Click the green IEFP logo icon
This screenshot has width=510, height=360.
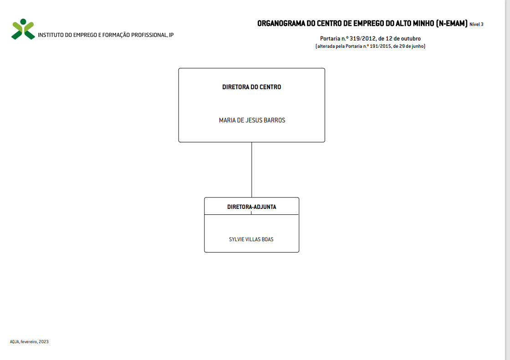(23, 29)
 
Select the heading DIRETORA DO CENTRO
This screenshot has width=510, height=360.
(251, 87)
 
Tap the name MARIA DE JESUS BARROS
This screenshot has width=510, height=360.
(252, 120)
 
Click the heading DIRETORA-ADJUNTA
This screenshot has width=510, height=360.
(251, 207)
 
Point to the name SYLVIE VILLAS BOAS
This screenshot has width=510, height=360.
(251, 239)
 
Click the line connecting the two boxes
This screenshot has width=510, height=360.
(251, 170)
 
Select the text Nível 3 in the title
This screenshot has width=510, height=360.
(476, 25)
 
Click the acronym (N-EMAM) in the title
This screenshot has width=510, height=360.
(452, 23)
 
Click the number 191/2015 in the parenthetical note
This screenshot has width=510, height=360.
(381, 46)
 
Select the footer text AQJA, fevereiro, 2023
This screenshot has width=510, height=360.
(29, 342)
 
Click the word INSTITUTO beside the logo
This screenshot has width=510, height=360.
(51, 35)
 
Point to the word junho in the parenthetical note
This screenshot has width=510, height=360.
(418, 46)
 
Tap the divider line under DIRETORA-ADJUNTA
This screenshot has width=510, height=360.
(251, 215)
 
